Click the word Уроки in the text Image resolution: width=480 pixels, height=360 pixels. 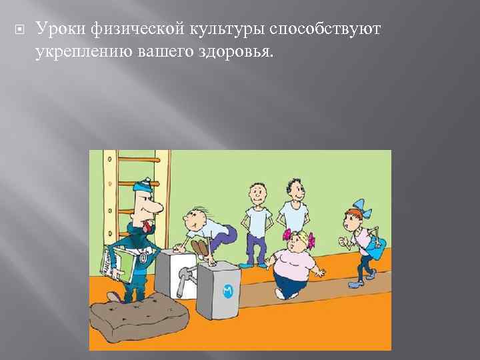click(59, 29)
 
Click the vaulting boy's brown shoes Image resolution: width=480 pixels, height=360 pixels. click(199, 248)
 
